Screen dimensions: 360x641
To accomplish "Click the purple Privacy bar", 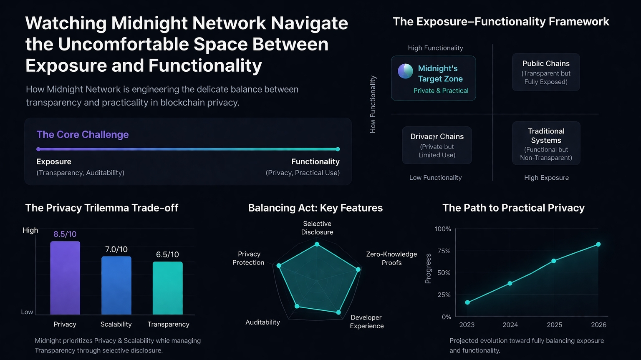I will (65, 278).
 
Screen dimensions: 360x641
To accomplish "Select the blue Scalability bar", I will (116, 285).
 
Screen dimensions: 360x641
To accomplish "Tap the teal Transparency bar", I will (167, 288).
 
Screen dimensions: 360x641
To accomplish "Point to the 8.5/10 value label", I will (65, 234).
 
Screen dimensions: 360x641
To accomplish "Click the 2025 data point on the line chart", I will (554, 261).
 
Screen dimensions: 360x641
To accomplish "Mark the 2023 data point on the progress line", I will (467, 302).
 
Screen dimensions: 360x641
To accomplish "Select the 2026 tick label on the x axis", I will (598, 325).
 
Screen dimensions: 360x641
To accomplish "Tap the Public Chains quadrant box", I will (546, 72).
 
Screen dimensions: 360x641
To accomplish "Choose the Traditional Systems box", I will (546, 143).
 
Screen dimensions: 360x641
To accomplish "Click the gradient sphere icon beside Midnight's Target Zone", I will (405, 71).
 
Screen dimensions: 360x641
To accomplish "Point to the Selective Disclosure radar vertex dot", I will (317, 244).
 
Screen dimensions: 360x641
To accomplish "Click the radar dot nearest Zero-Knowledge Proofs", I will (358, 269).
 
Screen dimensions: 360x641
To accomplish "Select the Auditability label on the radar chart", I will (262, 322).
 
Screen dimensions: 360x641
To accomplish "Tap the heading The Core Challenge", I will (83, 134).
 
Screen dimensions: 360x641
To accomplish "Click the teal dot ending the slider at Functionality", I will (338, 149).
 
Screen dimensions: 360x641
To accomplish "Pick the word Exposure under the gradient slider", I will (54, 161).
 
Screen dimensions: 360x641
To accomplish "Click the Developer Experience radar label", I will (366, 322).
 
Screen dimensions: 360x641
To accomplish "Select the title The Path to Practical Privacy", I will (513, 208).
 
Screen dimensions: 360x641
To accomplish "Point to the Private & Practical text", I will (441, 91).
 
